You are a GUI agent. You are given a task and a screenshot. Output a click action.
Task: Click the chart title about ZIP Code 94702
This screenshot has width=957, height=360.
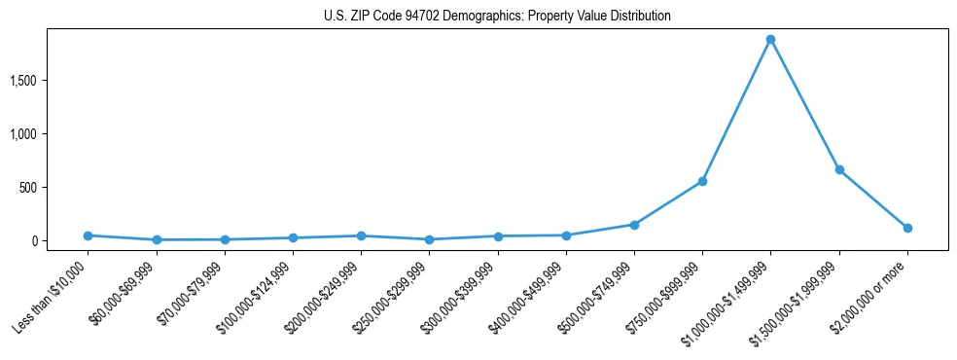tap(497, 16)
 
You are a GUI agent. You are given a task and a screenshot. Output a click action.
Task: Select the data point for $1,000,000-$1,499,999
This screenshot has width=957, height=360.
tap(770, 40)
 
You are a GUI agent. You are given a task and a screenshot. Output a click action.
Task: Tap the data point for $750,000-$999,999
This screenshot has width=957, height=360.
tap(702, 182)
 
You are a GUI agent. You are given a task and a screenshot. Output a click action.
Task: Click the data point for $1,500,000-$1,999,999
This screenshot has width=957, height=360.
tap(839, 170)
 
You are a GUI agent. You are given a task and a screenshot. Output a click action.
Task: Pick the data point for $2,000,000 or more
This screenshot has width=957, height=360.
tap(907, 228)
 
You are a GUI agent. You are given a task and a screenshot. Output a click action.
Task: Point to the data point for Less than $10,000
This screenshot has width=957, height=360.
tap(88, 235)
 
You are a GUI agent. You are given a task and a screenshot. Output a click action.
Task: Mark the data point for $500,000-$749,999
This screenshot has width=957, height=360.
tap(634, 225)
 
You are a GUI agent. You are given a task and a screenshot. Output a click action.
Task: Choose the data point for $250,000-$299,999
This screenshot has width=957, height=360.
tap(429, 239)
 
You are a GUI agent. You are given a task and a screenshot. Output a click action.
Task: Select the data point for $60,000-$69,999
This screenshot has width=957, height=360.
tap(157, 239)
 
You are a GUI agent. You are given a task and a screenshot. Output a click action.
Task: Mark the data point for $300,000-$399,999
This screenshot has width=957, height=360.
tap(498, 236)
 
